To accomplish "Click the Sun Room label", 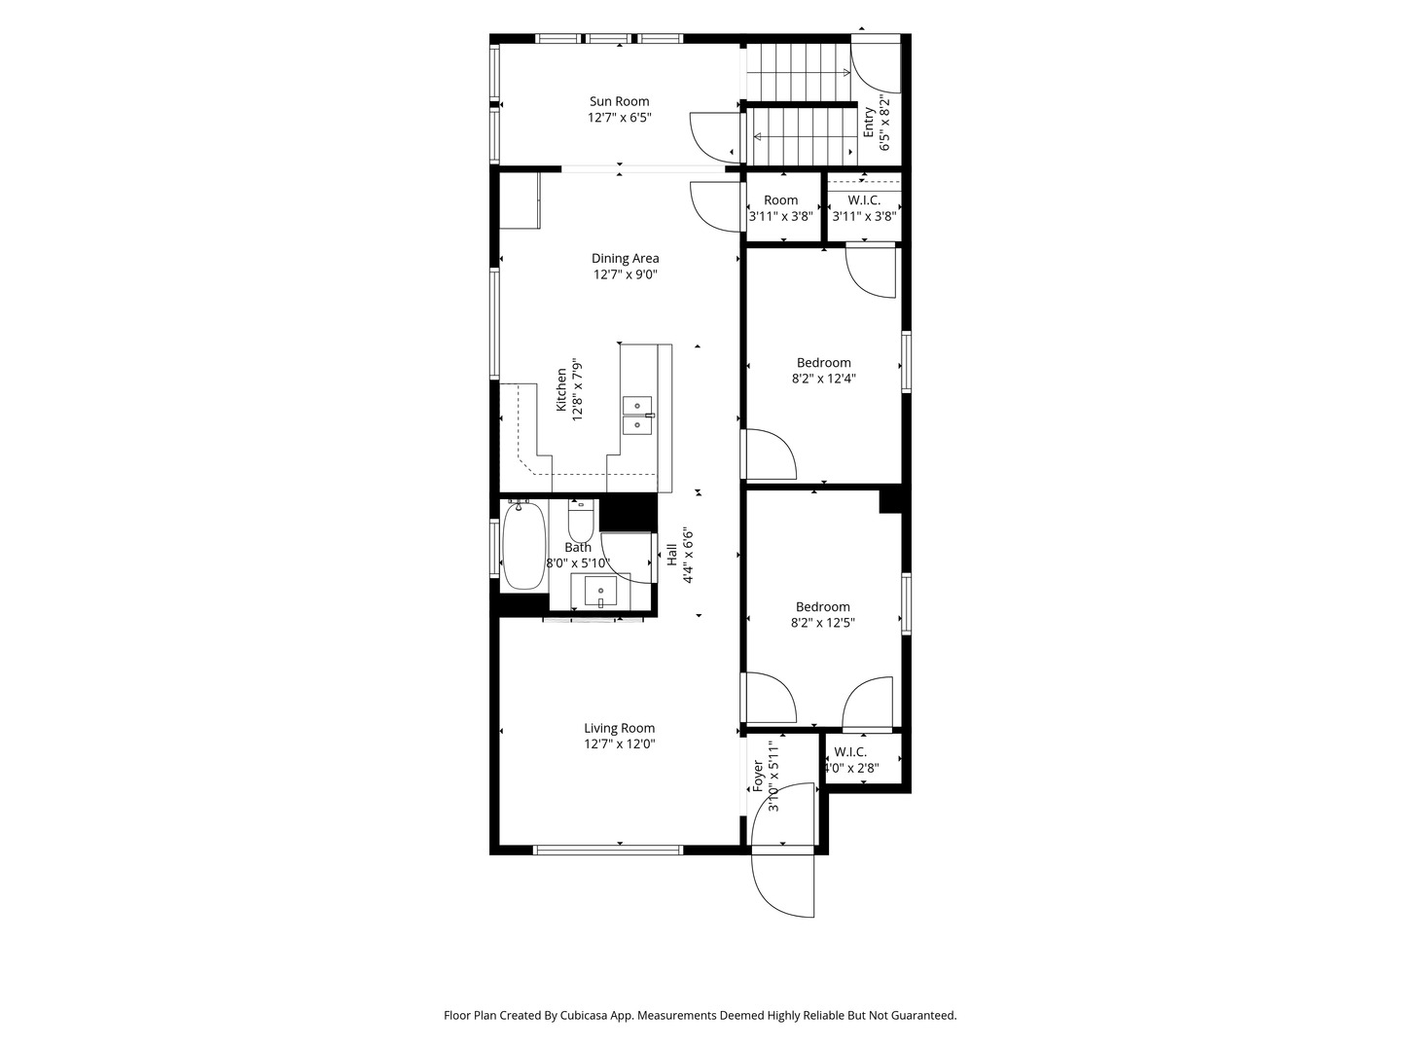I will pos(619,101).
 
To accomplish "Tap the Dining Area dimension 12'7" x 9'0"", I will pos(626,274).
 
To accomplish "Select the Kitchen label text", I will pos(561,389).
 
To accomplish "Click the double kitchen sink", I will pos(638,415).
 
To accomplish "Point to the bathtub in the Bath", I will pos(523,546).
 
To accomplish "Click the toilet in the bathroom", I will pos(581,523).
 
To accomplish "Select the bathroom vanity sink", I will pos(600,592).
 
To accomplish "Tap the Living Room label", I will pos(619,728).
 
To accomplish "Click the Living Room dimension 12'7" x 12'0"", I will pos(619,744).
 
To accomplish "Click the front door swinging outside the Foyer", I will pos(784,886).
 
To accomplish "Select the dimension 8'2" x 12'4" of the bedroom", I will pos(823,379).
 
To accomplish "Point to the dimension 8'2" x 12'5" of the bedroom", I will pos(822,623).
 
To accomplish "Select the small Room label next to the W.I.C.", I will pos(780,200).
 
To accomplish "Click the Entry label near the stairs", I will pos(869,122).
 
